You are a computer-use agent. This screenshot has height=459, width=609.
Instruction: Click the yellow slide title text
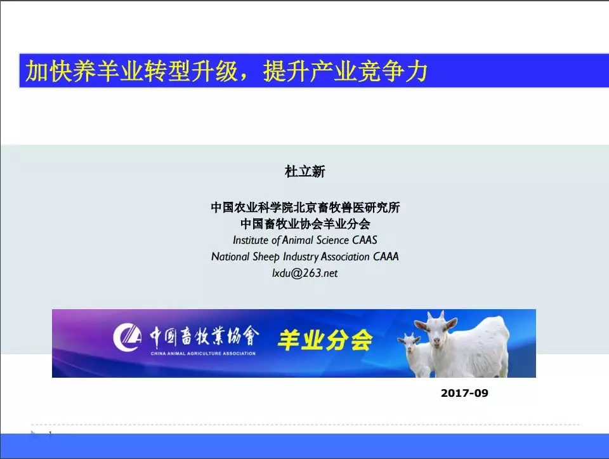coord(225,72)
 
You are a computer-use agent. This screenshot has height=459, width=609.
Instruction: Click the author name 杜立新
coord(305,171)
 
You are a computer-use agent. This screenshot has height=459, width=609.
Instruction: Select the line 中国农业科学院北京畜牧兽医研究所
coord(305,208)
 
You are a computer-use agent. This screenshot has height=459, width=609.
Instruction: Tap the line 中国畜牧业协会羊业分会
coord(305,224)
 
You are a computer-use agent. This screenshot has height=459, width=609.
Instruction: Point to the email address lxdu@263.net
coord(305,273)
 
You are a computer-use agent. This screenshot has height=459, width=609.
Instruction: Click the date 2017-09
coord(464,393)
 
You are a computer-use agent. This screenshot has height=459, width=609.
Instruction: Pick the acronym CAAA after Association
coord(386,257)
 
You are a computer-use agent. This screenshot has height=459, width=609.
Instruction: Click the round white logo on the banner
coord(128,337)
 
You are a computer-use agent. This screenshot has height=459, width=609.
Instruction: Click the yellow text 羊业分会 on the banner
coord(325,340)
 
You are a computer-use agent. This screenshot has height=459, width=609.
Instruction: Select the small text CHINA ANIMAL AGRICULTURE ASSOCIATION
coord(203,353)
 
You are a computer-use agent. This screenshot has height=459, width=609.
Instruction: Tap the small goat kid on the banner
coord(411,355)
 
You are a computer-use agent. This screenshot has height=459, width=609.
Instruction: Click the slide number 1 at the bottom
coord(49,434)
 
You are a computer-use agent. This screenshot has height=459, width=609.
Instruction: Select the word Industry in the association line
coord(295,257)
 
